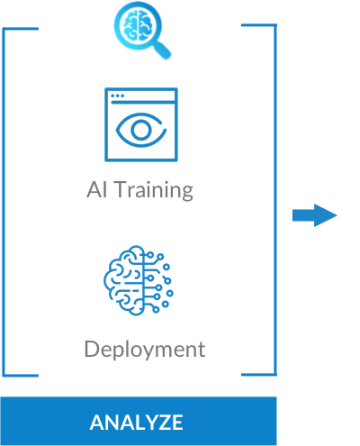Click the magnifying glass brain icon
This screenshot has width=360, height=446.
[142, 30]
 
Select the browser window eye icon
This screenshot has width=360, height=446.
[141, 124]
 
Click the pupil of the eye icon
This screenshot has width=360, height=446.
[140, 130]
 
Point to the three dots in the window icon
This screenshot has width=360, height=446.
[117, 96]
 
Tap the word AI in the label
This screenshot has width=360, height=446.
[96, 189]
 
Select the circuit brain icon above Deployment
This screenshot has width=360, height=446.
[139, 280]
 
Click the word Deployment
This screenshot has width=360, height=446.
[145, 350]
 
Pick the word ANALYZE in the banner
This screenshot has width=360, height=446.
[136, 423]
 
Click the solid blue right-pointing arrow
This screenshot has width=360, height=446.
[315, 215]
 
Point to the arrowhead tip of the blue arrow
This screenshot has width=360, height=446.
[337, 215]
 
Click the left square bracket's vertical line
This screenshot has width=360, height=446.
[4, 202]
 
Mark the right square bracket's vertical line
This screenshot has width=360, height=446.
[275, 199]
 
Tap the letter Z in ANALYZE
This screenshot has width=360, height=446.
[163, 423]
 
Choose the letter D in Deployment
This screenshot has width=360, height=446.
[92, 349]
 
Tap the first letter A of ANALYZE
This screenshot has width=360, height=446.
[98, 423]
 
